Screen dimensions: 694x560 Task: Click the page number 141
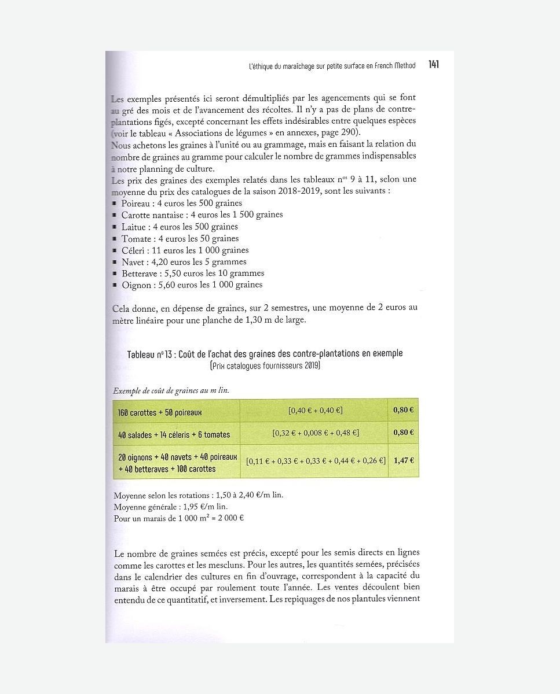pyautogui.click(x=434, y=65)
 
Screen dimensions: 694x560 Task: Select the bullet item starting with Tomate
pyautogui.click(x=180, y=238)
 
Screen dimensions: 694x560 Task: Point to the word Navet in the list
pyautogui.click(x=133, y=262)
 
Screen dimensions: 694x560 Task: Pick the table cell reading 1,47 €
pyautogui.click(x=403, y=461)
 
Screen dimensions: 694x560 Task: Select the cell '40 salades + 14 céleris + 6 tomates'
pyautogui.click(x=174, y=434)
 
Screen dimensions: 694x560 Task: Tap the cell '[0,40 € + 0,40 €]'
pyautogui.click(x=315, y=410)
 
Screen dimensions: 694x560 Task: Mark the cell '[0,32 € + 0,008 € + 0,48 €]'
pyautogui.click(x=315, y=433)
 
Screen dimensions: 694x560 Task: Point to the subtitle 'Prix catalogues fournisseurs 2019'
pyautogui.click(x=265, y=366)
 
